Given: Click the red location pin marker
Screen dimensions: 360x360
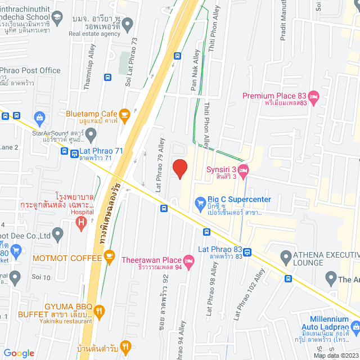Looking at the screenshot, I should click(x=179, y=168).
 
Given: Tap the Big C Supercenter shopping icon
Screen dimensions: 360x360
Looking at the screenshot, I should click(x=200, y=202).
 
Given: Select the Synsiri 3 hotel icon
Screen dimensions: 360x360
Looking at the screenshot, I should click(x=244, y=170).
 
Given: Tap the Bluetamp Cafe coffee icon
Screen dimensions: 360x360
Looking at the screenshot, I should click(x=124, y=115).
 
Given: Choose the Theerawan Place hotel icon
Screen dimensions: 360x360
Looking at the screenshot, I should click(x=188, y=260).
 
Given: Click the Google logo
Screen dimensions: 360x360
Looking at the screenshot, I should click(x=19, y=353).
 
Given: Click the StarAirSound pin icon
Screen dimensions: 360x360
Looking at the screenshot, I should click(x=91, y=134).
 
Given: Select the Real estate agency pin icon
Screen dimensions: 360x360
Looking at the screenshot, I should click(x=128, y=24).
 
